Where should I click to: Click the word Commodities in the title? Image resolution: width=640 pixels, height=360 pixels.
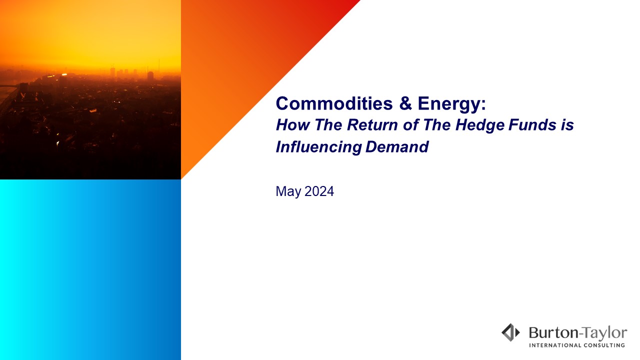(x=334, y=103)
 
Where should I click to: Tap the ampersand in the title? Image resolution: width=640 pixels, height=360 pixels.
(x=405, y=103)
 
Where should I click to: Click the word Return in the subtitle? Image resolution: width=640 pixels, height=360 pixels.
(x=372, y=125)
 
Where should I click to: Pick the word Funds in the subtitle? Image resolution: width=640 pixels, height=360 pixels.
(x=532, y=125)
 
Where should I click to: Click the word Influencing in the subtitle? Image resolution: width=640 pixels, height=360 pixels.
(x=318, y=147)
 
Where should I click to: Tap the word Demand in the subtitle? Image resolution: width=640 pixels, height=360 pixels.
(x=397, y=147)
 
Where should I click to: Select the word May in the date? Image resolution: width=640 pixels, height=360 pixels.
(x=288, y=191)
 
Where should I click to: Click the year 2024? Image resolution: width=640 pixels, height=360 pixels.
(x=319, y=191)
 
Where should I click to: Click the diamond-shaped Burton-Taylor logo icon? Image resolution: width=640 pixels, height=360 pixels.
(x=510, y=332)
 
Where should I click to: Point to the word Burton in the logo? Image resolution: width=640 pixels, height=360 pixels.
(x=553, y=332)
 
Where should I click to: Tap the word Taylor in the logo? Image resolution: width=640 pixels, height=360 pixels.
(x=605, y=333)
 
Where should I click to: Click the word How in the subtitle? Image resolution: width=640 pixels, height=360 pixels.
(x=293, y=125)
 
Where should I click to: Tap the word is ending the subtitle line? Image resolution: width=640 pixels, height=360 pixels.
(x=567, y=125)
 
